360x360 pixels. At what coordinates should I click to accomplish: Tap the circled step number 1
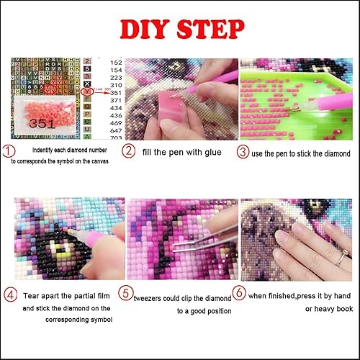8,151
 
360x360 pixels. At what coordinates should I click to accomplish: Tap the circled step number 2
127,152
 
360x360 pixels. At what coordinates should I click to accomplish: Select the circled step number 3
244,152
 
